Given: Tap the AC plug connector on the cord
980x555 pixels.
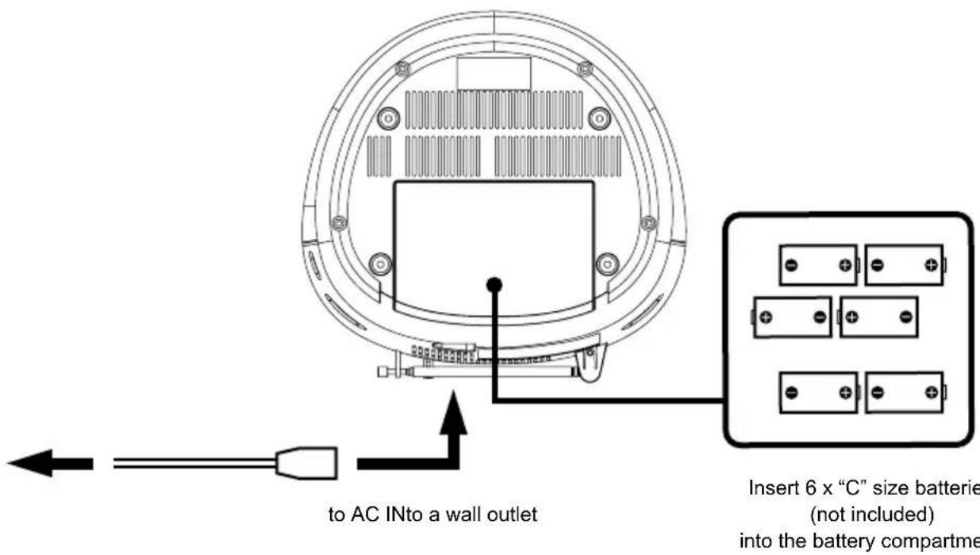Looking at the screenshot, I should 306,463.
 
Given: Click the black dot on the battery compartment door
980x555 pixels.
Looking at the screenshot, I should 494,283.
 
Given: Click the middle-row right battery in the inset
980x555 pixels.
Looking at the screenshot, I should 878,317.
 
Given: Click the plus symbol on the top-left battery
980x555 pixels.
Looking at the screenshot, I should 847,265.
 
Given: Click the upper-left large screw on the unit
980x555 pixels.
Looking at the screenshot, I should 387,118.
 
